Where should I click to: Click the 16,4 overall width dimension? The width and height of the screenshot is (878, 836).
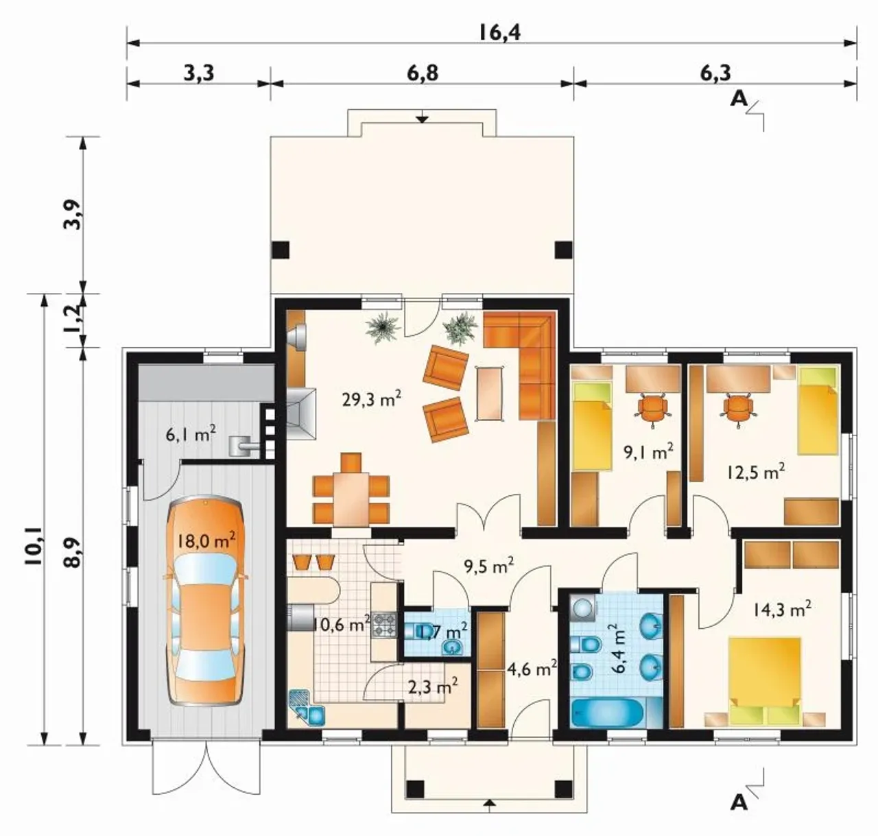(499, 33)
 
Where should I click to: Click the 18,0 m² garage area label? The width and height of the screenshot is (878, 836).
(206, 542)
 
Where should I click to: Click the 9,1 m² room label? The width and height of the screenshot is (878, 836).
(648, 453)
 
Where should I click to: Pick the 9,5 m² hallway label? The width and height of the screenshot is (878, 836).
(489, 566)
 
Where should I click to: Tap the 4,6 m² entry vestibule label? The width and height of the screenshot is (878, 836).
(532, 669)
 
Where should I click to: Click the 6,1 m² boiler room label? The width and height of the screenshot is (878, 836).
(191, 433)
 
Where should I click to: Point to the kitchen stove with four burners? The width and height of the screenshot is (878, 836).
(385, 624)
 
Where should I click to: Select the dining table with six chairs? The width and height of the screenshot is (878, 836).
(351, 490)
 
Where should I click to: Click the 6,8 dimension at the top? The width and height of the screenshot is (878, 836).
(423, 73)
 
